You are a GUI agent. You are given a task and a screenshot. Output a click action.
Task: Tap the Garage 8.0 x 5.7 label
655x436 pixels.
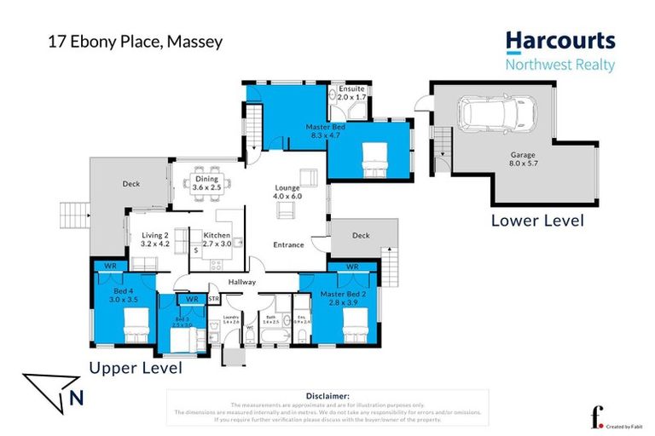click(523, 160)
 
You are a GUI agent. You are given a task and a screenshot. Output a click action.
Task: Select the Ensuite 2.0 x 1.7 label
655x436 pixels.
click(351, 93)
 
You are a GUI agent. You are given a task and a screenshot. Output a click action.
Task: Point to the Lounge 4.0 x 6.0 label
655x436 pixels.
click(288, 192)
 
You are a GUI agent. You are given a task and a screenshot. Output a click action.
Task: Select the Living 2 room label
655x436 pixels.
click(155, 238)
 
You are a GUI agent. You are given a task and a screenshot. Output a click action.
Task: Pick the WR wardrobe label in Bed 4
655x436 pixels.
click(110, 267)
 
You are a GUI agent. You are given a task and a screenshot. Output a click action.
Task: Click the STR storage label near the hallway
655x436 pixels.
click(213, 299)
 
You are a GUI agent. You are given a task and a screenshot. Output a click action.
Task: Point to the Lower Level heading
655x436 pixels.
click(537, 221)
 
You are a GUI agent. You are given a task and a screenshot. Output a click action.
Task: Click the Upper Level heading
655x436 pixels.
click(136, 369)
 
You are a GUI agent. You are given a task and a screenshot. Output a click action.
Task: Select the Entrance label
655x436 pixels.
click(288, 245)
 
